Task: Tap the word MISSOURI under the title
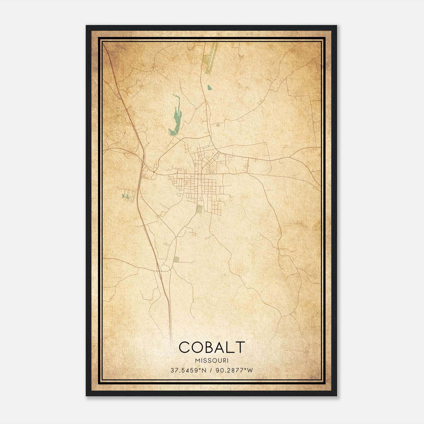pos(211,360)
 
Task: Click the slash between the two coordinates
pos(211,370)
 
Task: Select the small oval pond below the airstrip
pos(209,87)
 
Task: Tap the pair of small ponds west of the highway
pos(125,196)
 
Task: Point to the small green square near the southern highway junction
pos(176,259)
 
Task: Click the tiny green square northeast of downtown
pos(218,125)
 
